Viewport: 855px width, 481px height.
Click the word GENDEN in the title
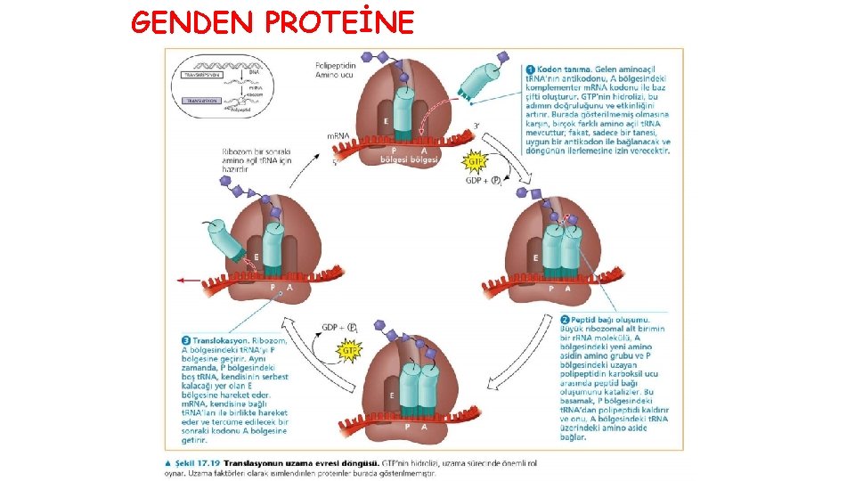pyautogui.click(x=191, y=21)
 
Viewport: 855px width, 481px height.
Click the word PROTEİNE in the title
pyautogui.click(x=339, y=21)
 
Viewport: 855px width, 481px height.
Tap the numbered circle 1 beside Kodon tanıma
pyautogui.click(x=530, y=68)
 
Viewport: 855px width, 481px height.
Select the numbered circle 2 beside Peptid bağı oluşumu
pyautogui.click(x=565, y=319)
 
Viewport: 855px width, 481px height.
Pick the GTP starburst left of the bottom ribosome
pyautogui.click(x=349, y=351)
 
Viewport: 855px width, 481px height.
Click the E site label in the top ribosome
pyautogui.click(x=386, y=120)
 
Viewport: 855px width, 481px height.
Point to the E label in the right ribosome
pyautogui.click(x=535, y=257)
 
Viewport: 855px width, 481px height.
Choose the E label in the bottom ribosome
pyautogui.click(x=392, y=394)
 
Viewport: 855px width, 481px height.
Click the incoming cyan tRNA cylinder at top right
pyautogui.click(x=478, y=81)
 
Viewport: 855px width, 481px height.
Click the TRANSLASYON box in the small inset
pyautogui.click(x=199, y=102)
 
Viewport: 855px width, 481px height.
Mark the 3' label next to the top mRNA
pyautogui.click(x=477, y=126)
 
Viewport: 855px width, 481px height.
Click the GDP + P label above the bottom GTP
pyautogui.click(x=340, y=327)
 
